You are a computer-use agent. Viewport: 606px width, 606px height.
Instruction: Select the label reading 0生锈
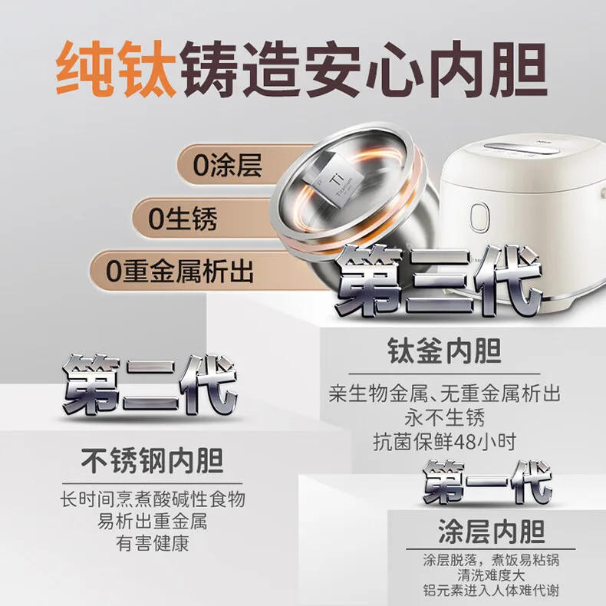[183, 219]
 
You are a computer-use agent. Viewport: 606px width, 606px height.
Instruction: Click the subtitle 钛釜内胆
[443, 353]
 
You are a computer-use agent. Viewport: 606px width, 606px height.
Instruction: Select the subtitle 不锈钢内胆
[152, 462]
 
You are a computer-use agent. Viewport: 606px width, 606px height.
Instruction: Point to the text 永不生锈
[444, 418]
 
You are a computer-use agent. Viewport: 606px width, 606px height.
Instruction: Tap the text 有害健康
[152, 544]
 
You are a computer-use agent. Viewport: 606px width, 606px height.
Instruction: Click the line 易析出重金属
[152, 522]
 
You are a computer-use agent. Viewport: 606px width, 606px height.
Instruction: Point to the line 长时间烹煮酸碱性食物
[152, 499]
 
